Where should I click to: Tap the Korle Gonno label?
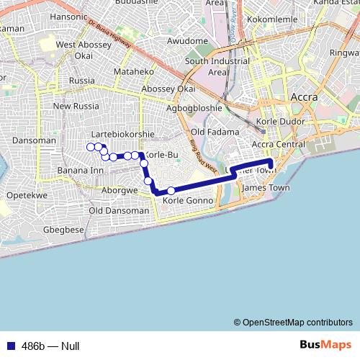(x=189, y=200)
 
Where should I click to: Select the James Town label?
(x=266, y=188)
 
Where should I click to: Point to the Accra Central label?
(x=281, y=144)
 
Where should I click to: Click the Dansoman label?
(x=33, y=140)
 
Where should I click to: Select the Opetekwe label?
(x=27, y=195)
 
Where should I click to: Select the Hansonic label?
(x=68, y=15)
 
